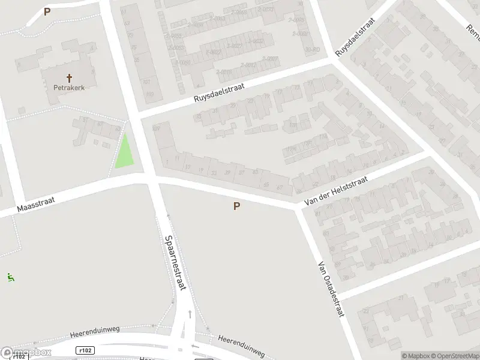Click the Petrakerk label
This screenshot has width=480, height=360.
tap(68, 86)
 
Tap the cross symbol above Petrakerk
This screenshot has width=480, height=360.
tap(69, 77)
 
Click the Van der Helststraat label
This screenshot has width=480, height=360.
tap(338, 187)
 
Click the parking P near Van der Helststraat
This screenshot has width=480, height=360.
tap(236, 206)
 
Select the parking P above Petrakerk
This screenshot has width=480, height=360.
tap(47, 11)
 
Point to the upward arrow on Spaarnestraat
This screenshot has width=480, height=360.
tap(190, 313)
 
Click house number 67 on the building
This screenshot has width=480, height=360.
tap(280, 187)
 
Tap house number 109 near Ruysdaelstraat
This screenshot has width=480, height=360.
tap(157, 128)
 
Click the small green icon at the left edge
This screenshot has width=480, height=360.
tap(10, 277)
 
